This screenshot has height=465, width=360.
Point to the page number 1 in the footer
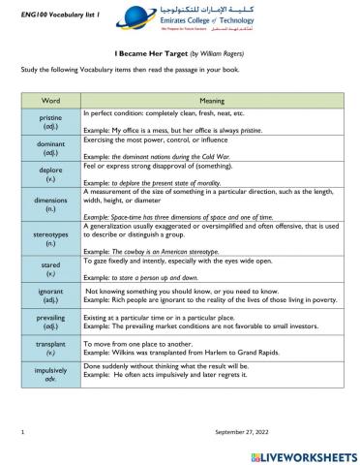[21, 429]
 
